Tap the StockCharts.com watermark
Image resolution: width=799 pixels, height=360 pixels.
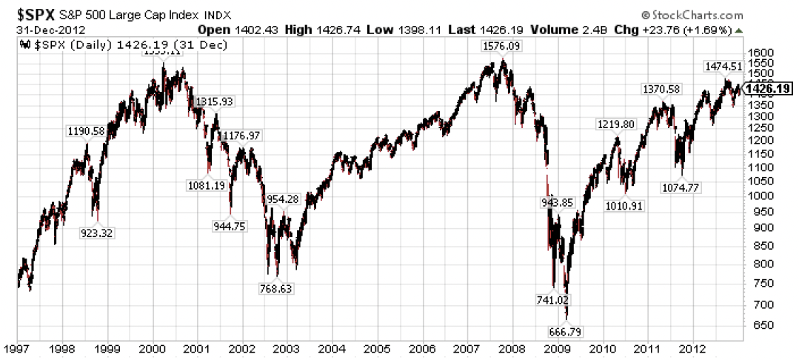click(692, 15)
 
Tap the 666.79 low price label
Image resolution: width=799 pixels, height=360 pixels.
click(565, 330)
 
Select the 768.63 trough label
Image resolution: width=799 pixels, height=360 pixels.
click(275, 289)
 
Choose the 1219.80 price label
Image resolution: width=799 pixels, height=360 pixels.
click(615, 124)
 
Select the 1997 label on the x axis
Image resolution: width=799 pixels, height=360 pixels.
click(17, 347)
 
